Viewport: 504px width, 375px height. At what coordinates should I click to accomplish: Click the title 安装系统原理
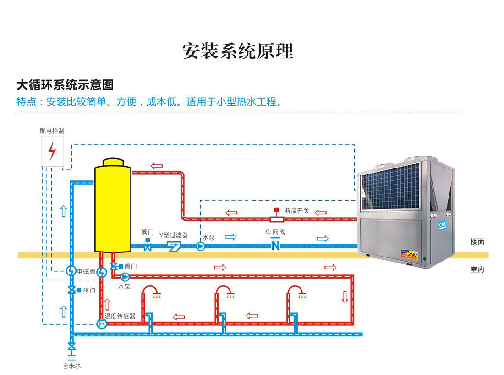pyautogui.click(x=237, y=50)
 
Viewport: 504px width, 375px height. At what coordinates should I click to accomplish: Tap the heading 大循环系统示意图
pyautogui.click(x=65, y=85)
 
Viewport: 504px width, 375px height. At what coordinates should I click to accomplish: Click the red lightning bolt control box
pyautogui.click(x=52, y=151)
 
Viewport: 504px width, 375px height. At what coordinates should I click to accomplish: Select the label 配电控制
pyautogui.click(x=52, y=131)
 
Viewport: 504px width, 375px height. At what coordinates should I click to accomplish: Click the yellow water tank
pyautogui.click(x=113, y=207)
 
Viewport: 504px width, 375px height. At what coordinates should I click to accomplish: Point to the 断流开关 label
pyautogui.click(x=297, y=211)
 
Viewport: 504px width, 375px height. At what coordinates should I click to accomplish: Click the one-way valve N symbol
pyautogui.click(x=275, y=246)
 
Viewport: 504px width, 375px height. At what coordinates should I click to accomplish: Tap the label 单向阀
pyautogui.click(x=275, y=232)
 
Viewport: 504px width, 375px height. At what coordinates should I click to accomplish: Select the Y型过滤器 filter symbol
pyautogui.click(x=174, y=246)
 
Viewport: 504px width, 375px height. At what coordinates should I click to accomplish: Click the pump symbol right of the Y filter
pyautogui.click(x=201, y=246)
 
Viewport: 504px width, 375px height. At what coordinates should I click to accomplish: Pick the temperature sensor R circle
pyautogui.click(x=102, y=324)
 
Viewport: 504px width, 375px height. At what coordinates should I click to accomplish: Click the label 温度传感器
pyautogui.click(x=120, y=316)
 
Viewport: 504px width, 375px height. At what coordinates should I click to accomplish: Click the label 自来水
pyautogui.click(x=72, y=366)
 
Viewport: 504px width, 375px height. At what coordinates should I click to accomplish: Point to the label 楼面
pyautogui.click(x=477, y=241)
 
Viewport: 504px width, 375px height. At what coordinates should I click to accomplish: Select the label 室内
pyautogui.click(x=477, y=269)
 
